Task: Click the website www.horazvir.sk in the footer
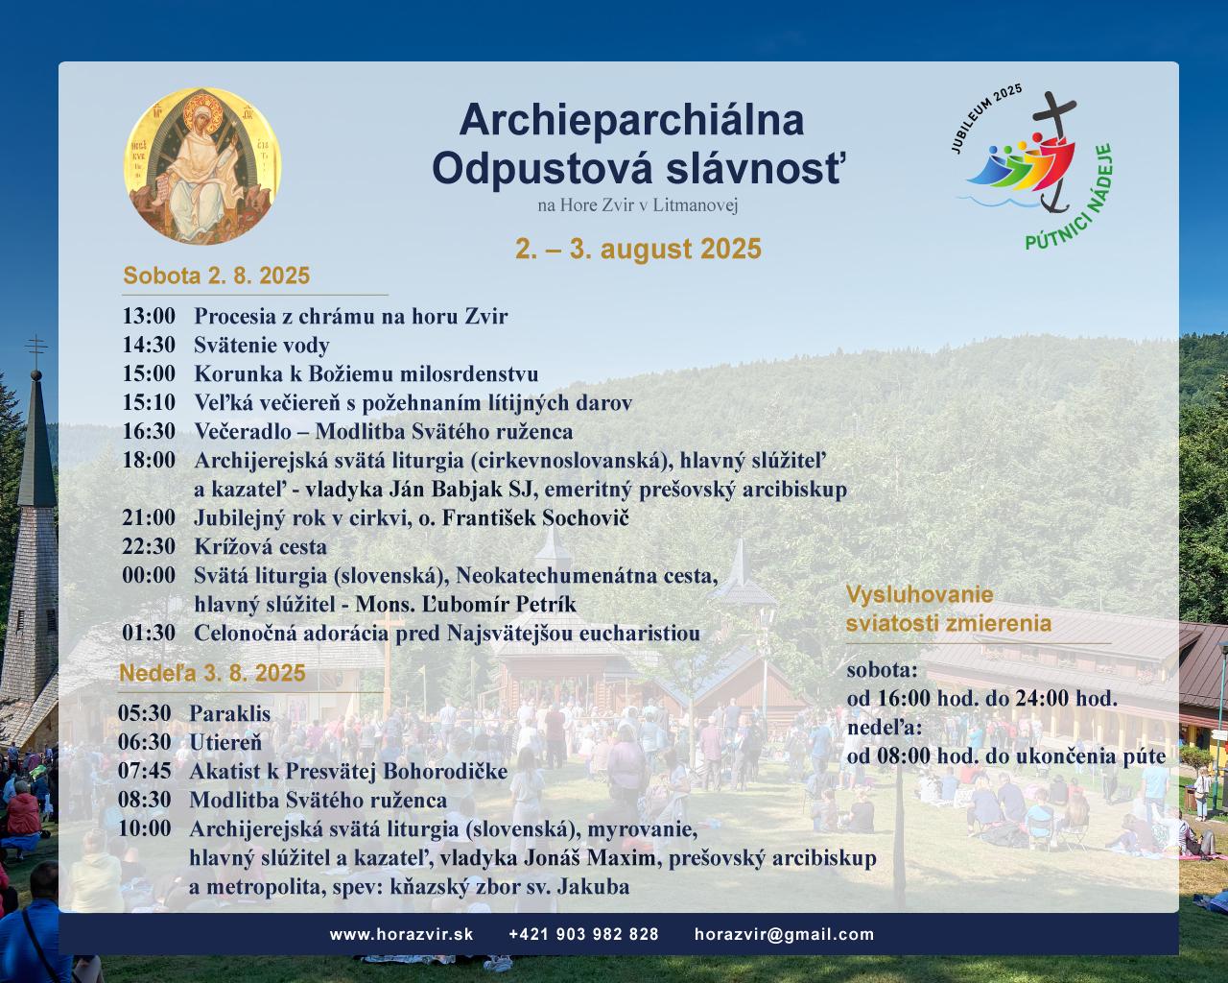point(401,934)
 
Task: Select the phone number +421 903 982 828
point(583,934)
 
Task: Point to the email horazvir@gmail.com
point(784,934)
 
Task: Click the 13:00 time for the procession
point(149,316)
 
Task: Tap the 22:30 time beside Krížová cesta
point(149,546)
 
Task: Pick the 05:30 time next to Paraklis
point(145,713)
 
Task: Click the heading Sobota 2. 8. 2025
point(216,276)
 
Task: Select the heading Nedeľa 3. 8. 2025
point(212,673)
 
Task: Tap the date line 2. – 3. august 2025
point(638,250)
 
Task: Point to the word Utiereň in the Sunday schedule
point(225,742)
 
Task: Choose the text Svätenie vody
point(262,345)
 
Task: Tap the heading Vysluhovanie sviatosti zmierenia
point(948,609)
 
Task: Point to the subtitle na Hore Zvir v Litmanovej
point(638,205)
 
